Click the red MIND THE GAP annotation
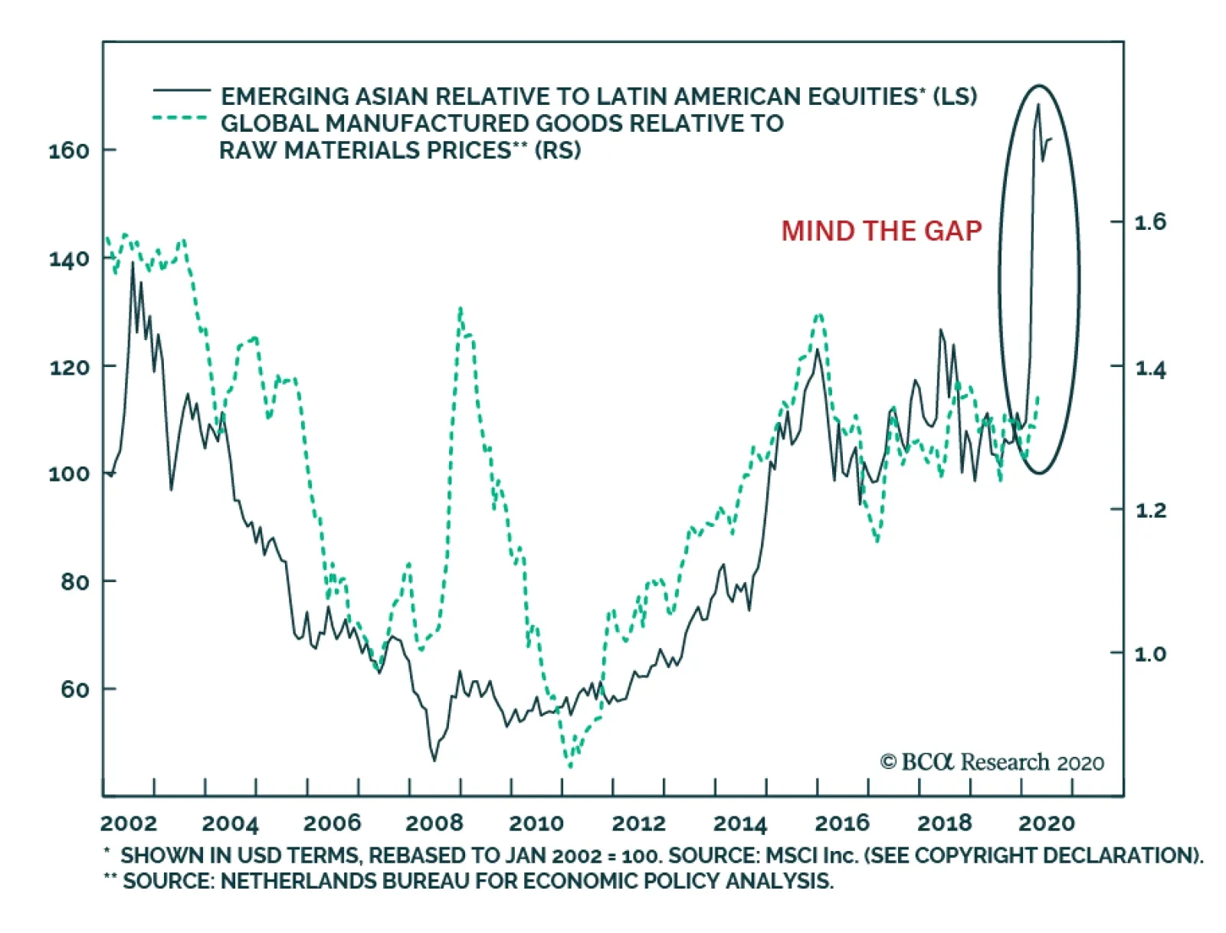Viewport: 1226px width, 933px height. [x=881, y=231]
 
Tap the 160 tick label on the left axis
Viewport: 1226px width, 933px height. [x=69, y=150]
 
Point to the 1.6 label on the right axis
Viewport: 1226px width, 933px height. [x=1149, y=222]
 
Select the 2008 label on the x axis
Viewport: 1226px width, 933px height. [x=434, y=823]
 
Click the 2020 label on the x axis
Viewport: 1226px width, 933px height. [x=1046, y=823]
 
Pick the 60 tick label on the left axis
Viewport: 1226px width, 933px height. [x=75, y=689]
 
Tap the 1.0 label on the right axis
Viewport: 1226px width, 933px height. [x=1149, y=653]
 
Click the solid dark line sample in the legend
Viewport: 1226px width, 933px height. [x=182, y=91]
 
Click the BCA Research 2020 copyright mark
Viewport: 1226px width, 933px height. [x=992, y=762]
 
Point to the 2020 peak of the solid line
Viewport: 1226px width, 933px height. [x=1038, y=104]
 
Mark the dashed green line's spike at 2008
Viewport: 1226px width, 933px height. [x=460, y=309]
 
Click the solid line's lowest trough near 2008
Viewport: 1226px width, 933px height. [x=434, y=760]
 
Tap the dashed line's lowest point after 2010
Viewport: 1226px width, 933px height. [x=569, y=766]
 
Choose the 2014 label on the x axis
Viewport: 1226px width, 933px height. [x=739, y=823]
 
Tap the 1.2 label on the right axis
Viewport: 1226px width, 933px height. [x=1149, y=509]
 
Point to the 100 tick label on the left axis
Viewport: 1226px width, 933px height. [x=69, y=473]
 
